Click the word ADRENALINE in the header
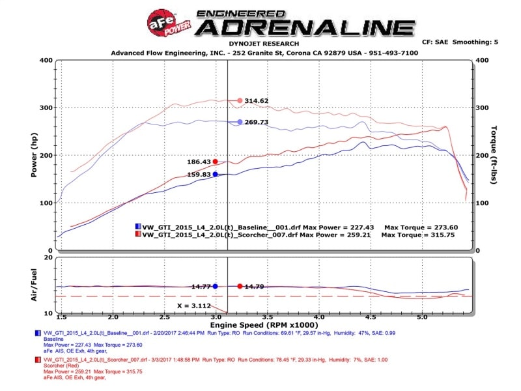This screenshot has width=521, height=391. pyautogui.click(x=306, y=28)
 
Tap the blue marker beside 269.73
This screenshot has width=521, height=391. pyautogui.click(x=240, y=122)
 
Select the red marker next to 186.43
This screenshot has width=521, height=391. pyautogui.click(x=216, y=162)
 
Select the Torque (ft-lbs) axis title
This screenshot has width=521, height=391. pyautogui.click(x=493, y=154)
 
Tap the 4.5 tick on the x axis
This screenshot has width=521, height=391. pyautogui.click(x=370, y=317)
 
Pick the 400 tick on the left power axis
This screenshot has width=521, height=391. pyautogui.click(x=45, y=60)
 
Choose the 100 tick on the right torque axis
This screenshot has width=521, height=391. pyautogui.click(x=483, y=203)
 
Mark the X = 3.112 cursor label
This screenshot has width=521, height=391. pyautogui.click(x=193, y=305)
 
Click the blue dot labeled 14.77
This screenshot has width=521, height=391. pyautogui.click(x=215, y=286)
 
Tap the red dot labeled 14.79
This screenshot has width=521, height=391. pyautogui.click(x=240, y=286)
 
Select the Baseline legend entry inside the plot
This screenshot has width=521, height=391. pyautogui.click(x=215, y=226)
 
